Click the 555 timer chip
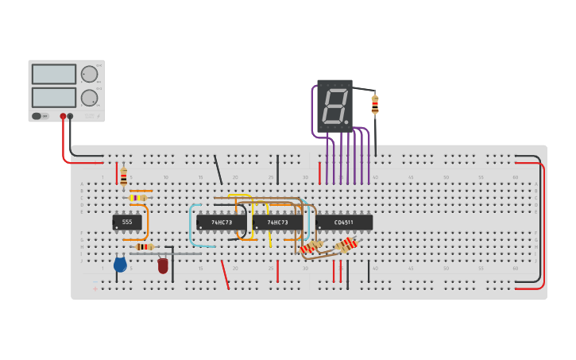pyautogui.click(x=127, y=223)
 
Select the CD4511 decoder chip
pyautogui.click(x=344, y=223)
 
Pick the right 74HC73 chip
pyautogui.click(x=277, y=223)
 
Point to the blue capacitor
pyautogui.click(x=120, y=265)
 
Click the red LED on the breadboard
pyautogui.click(x=163, y=266)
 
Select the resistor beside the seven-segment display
pyautogui.click(x=375, y=104)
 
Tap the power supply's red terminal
pyautogui.click(x=63, y=116)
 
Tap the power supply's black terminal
pyautogui.click(x=71, y=116)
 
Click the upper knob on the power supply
pyautogui.click(x=89, y=74)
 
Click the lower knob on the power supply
pyautogui.click(x=89, y=98)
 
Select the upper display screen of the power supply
pyautogui.click(x=54, y=74)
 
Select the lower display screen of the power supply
pyautogui.click(x=54, y=98)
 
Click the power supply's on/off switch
pyautogui.click(x=37, y=116)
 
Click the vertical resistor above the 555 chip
pyautogui.click(x=123, y=177)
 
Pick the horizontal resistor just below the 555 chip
pyautogui.click(x=144, y=247)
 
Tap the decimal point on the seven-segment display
pyautogui.click(x=346, y=122)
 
